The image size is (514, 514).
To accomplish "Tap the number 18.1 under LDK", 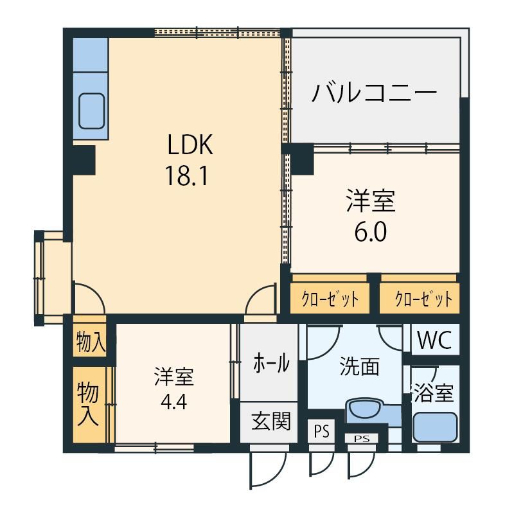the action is (187, 175).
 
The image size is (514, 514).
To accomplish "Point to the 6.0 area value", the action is (371, 232).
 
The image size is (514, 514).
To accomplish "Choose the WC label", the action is (435, 340).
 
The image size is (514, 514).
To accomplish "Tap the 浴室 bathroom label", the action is (433, 392).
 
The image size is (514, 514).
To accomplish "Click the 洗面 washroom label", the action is (360, 366).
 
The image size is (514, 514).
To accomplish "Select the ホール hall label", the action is (271, 363).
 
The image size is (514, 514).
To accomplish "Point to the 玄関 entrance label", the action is (271, 421).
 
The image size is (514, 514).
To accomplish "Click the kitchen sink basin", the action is (92, 111).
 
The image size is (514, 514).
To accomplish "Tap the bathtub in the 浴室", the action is (435, 427).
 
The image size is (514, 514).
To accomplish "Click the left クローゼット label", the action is (330, 299).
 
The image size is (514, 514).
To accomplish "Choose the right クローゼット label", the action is (423, 299).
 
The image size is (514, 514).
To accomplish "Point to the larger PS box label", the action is (322, 431).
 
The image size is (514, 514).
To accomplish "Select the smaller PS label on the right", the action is (362, 438).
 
